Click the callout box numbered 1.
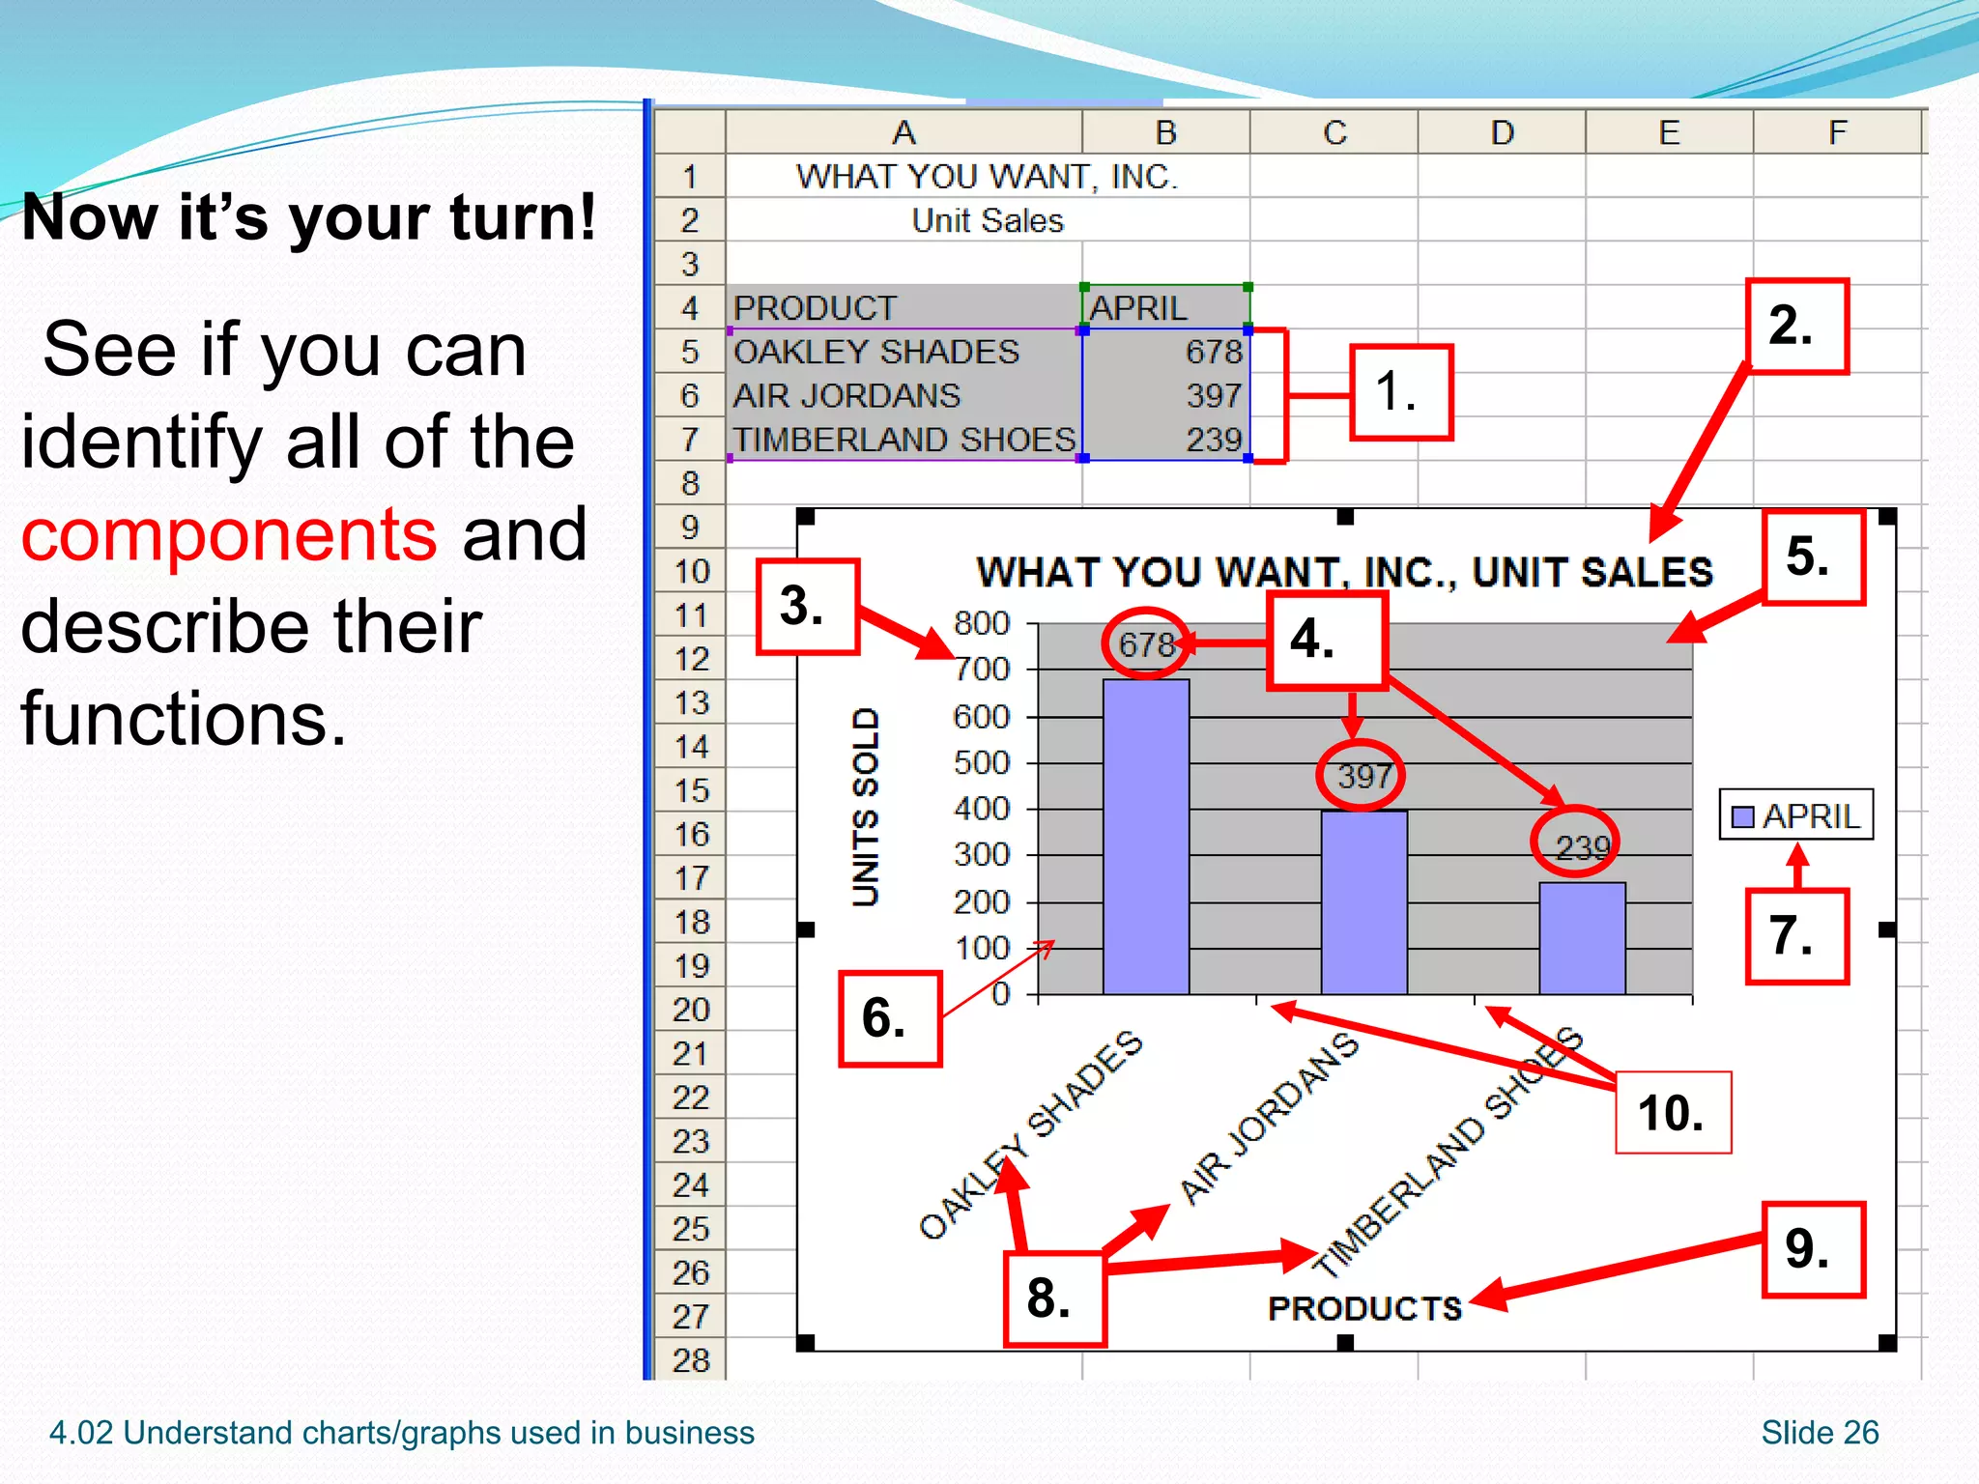(x=1400, y=392)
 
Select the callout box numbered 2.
(x=1796, y=326)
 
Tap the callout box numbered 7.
(x=1796, y=936)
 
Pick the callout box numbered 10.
(x=1673, y=1113)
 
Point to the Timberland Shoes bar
(x=1582, y=938)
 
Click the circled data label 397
(x=1362, y=776)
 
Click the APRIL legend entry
(x=1796, y=816)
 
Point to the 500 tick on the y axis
(x=981, y=763)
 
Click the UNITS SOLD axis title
(x=866, y=807)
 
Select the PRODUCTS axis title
(x=1364, y=1308)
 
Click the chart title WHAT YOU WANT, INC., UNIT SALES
(x=1344, y=572)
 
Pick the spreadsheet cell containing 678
(x=1165, y=352)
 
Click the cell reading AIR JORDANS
(x=846, y=396)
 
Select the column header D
(x=1502, y=132)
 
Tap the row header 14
(x=690, y=747)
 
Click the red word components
(x=229, y=534)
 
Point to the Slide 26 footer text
(x=1820, y=1432)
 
